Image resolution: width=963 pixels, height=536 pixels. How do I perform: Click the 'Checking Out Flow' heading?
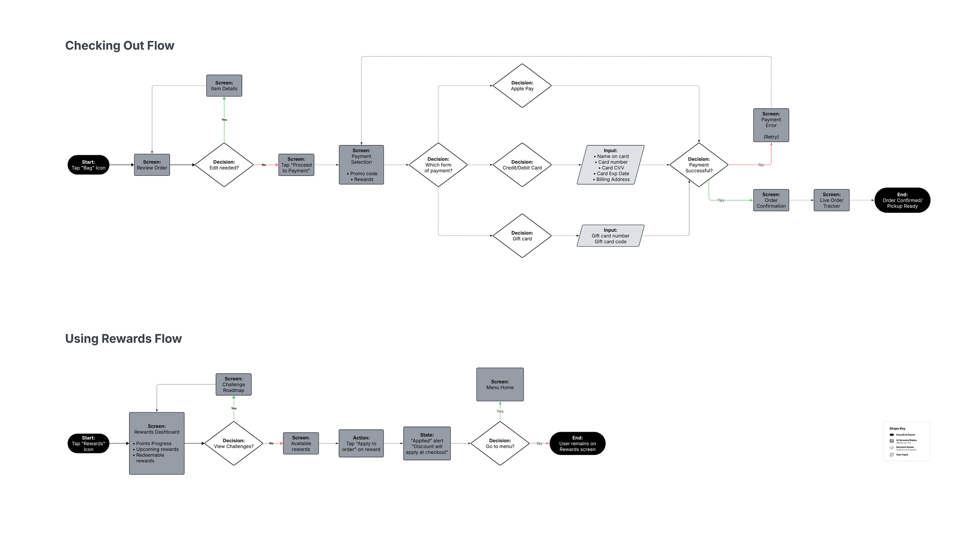point(119,46)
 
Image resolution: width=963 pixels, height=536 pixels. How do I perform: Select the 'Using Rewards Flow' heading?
point(123,339)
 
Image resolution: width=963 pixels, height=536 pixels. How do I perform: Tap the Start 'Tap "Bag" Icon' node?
point(88,165)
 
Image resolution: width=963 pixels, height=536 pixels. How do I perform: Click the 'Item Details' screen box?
point(224,86)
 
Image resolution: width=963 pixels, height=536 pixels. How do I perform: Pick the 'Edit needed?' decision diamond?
point(224,165)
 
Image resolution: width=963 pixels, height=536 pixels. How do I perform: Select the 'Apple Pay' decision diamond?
point(522,86)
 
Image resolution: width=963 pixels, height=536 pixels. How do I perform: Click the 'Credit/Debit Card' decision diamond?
point(522,165)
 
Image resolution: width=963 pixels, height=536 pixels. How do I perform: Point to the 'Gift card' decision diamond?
point(522,236)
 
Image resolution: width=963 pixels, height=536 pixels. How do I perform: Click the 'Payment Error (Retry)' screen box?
point(771,125)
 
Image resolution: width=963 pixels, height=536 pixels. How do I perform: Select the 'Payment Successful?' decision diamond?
point(699,165)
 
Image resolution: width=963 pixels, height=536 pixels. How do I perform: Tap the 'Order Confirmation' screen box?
point(771,200)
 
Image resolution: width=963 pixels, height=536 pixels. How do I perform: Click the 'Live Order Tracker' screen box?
point(831,200)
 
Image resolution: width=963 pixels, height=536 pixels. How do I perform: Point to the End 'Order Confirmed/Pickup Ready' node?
point(902,200)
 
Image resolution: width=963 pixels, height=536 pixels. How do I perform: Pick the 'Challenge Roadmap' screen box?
point(233,384)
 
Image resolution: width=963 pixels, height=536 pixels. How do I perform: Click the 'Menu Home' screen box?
point(500,384)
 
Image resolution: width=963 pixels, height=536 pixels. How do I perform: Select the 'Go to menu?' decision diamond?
point(500,443)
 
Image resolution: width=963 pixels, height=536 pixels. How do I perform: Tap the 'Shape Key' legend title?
point(897,428)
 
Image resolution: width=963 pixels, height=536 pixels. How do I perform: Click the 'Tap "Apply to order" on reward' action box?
point(361,443)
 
